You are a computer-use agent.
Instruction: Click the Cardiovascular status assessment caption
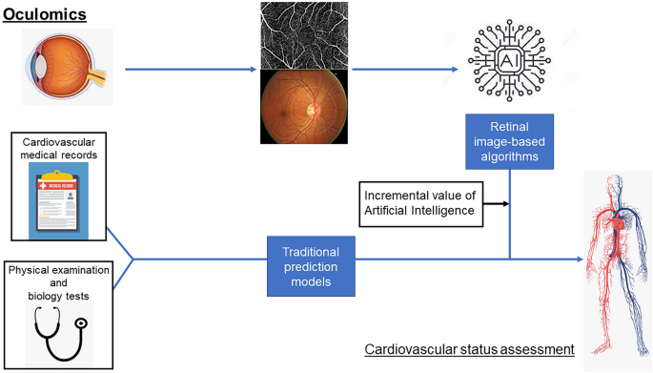469,349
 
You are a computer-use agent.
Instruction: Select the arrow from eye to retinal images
191,69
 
